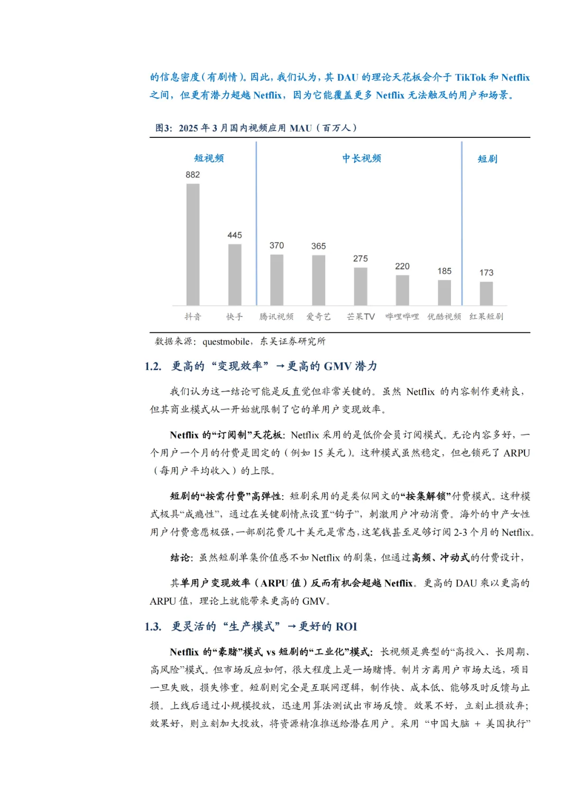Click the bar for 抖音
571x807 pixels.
click(193, 244)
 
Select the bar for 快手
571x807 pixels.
click(235, 274)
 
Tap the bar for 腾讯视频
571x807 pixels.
click(277, 280)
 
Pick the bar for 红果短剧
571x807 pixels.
click(486, 293)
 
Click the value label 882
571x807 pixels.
click(193, 175)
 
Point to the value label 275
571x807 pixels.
click(361, 259)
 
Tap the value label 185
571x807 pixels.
click(444, 271)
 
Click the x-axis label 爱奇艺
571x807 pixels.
click(318, 317)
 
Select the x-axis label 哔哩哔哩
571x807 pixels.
click(402, 317)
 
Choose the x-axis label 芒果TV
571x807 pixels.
click(361, 317)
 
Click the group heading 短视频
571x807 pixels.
click(209, 158)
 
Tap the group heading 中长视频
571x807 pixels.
click(362, 158)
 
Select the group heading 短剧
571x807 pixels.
click(487, 159)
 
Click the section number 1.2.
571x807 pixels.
click(153, 366)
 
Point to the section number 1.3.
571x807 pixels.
click(153, 627)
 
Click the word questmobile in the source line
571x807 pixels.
click(226, 342)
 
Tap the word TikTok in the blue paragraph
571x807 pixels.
click(470, 78)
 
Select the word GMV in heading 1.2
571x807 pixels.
click(338, 366)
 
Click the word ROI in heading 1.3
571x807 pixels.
click(346, 627)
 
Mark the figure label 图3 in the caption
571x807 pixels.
click(163, 128)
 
